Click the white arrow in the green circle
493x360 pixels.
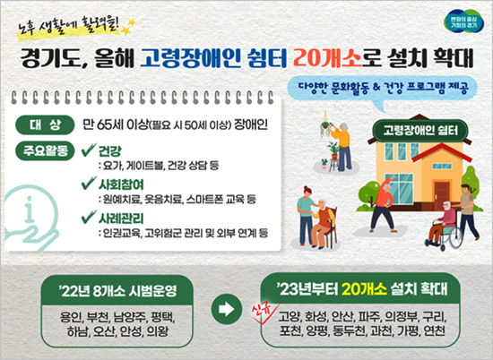[x=227, y=309]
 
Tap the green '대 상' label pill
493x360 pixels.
[x=45, y=125]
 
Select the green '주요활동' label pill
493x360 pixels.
[x=45, y=151]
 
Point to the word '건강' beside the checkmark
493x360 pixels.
[x=109, y=151]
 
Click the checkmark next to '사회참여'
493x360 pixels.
[x=89, y=183]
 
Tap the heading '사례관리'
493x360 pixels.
[x=121, y=218]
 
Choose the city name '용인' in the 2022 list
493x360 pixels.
[x=71, y=317]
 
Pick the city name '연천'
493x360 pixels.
[x=434, y=330]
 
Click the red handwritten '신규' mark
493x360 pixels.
[x=264, y=310]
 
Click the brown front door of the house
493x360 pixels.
[x=442, y=192]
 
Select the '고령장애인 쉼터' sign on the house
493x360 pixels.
[x=420, y=130]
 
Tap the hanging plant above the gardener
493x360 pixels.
[x=325, y=125]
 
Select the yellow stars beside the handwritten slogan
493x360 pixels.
[x=127, y=26]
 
